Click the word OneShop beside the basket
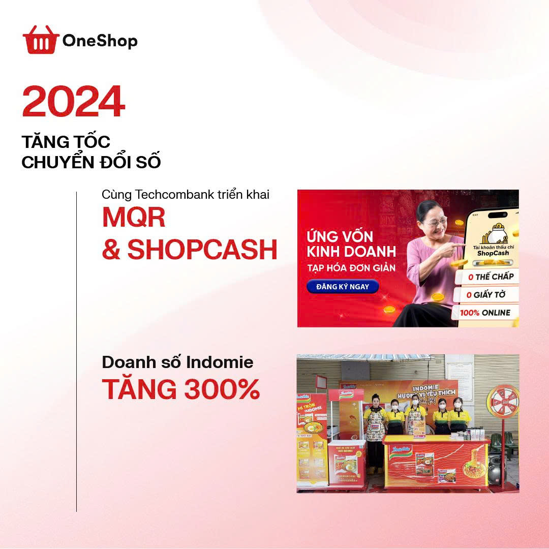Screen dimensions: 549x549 pyautogui.click(x=100, y=41)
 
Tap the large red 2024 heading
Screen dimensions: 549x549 pyautogui.click(x=74, y=102)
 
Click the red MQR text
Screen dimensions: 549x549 pyautogui.click(x=134, y=218)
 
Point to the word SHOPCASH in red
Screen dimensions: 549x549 pyautogui.click(x=202, y=249)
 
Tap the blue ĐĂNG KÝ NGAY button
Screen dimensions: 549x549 pyautogui.click(x=342, y=287)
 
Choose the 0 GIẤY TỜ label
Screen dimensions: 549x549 pyautogui.click(x=485, y=294)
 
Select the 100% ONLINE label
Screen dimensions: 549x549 pyautogui.click(x=485, y=313)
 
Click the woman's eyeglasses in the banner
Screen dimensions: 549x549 pyautogui.click(x=436, y=221)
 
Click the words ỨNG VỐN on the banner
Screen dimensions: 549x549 pyautogui.click(x=340, y=236)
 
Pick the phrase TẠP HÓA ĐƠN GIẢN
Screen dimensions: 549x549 pyautogui.click(x=351, y=267)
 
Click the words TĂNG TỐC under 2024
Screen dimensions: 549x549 pyautogui.click(x=66, y=142)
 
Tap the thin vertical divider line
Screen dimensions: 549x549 pyautogui.click(x=77, y=351)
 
